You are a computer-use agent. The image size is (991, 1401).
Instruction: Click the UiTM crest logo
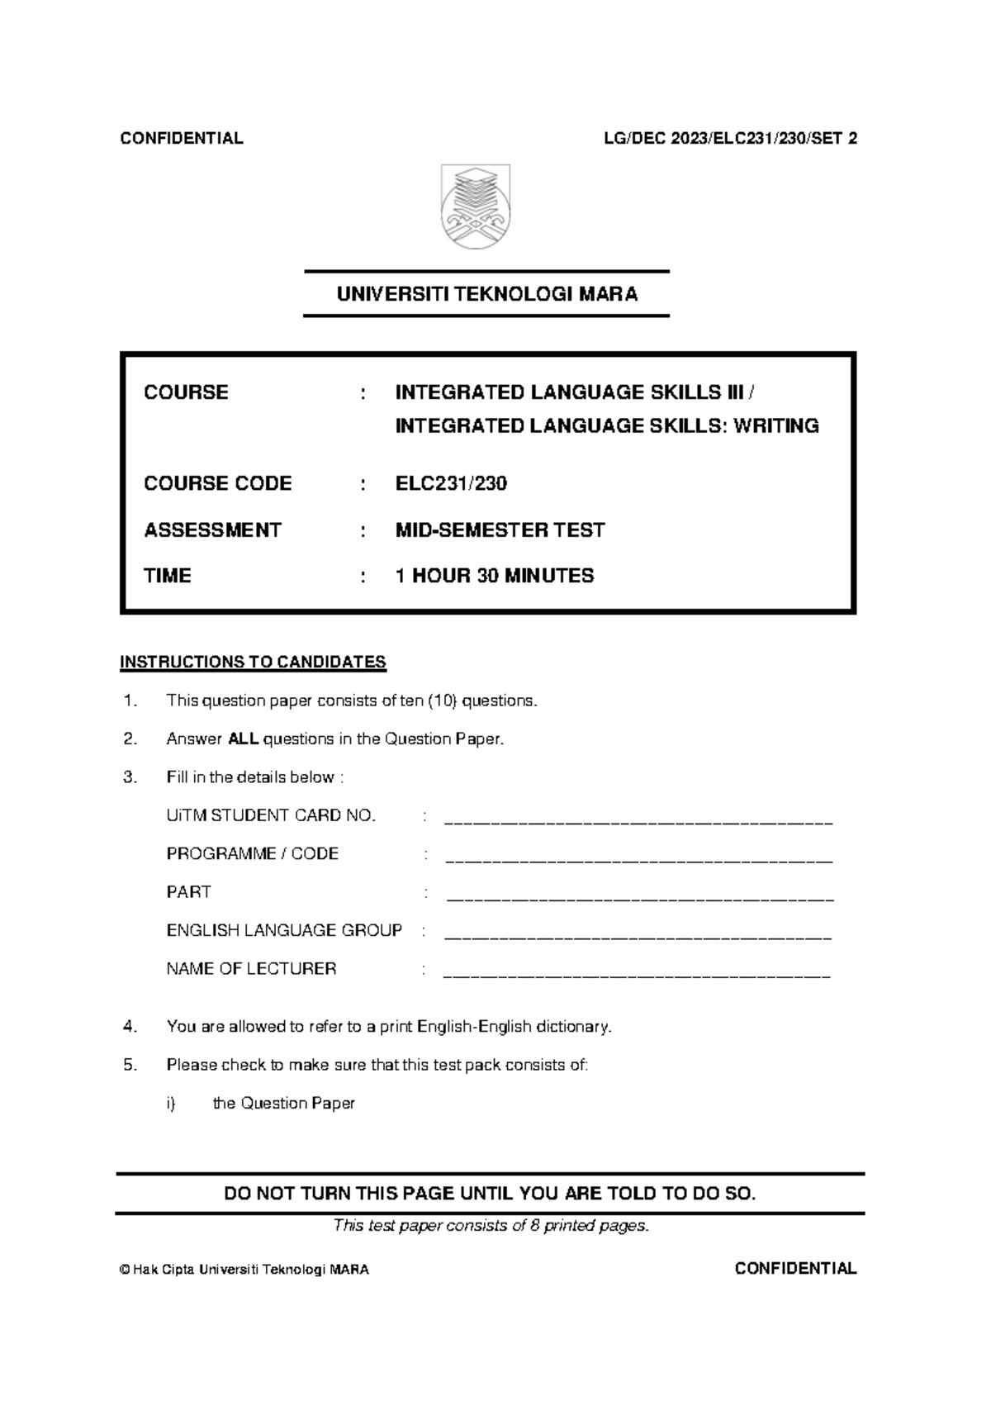476,207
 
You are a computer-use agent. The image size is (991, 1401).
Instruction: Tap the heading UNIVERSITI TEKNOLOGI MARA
486,294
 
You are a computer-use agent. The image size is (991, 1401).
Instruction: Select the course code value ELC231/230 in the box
451,483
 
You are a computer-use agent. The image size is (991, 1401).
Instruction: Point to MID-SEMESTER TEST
500,530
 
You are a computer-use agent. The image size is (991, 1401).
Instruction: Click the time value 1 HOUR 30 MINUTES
494,576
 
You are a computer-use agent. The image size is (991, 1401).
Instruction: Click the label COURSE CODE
217,483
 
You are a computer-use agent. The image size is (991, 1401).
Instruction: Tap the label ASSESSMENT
212,530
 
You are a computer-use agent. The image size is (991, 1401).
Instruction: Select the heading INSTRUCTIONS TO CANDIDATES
253,662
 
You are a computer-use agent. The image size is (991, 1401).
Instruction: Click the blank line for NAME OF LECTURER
636,976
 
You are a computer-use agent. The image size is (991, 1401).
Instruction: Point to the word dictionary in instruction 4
573,1027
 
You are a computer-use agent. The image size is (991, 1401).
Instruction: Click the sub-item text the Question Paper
283,1103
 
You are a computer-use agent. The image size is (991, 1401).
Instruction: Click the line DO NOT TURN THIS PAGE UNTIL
490,1193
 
